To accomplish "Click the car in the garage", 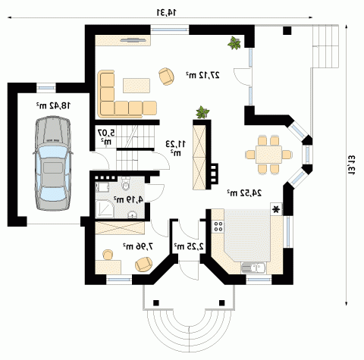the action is [52, 164].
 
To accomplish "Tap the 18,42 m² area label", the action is [54, 105].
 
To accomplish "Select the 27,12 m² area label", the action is [203, 75].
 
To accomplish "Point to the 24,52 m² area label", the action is [244, 193].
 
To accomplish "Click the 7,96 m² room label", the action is [138, 246].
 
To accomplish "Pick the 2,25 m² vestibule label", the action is [189, 246].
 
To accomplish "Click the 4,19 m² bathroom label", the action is [128, 199].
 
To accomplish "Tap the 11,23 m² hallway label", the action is [176, 148].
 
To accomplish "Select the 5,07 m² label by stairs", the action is [106, 136].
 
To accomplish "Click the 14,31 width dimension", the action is [167, 12].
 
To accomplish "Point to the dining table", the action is [268, 155].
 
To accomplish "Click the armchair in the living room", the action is [166, 77].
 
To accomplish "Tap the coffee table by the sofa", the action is [136, 86].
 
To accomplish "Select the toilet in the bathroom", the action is [125, 184].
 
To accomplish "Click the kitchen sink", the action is [253, 268].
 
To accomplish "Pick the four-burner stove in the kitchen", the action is [218, 227].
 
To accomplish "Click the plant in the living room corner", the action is [234, 43].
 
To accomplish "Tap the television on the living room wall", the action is [133, 39].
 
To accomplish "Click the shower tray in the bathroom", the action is [105, 209].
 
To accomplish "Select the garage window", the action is [45, 88].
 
